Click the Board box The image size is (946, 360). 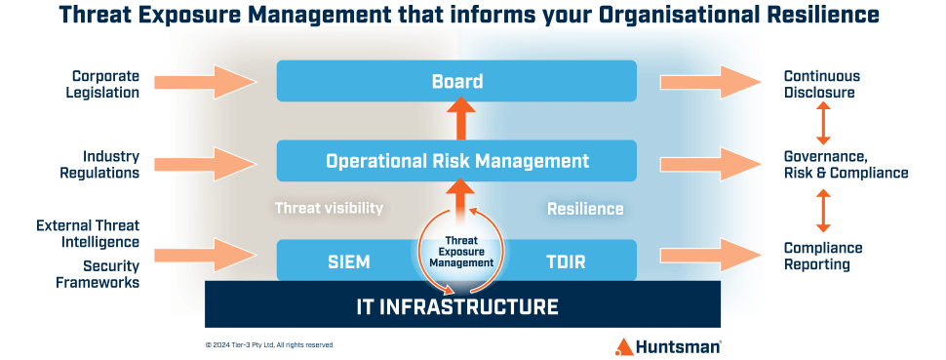click(x=456, y=81)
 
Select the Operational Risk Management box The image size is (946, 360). click(x=456, y=161)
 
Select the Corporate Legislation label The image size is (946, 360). click(x=105, y=84)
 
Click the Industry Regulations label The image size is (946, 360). click(x=110, y=164)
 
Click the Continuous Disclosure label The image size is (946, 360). click(x=819, y=84)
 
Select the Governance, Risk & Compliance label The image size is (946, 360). click(x=846, y=164)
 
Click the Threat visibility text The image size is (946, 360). click(x=329, y=208)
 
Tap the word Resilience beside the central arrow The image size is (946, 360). click(x=585, y=209)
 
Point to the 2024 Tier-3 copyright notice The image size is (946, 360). click(x=268, y=344)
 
